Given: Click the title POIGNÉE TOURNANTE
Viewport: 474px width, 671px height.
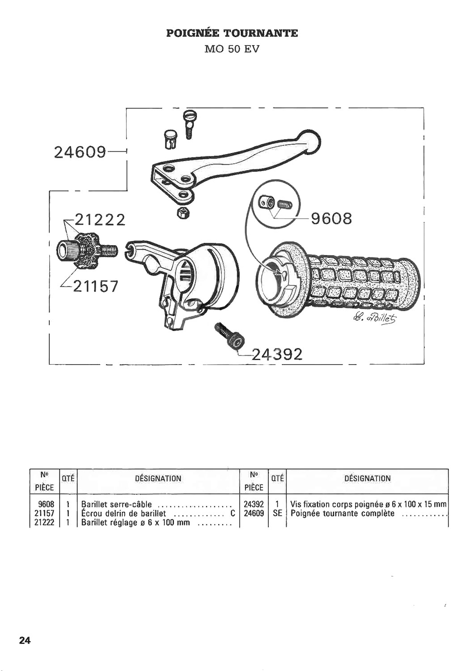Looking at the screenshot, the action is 232,33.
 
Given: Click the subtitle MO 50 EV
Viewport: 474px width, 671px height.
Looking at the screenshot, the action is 232,49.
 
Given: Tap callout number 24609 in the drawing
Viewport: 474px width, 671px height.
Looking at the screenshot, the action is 80,153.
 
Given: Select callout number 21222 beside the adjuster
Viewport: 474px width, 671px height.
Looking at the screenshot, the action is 100,220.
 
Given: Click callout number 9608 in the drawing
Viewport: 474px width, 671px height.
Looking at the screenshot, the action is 331,218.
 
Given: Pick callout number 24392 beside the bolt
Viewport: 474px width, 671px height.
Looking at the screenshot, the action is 277,355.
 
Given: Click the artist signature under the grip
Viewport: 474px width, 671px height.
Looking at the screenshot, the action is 374,320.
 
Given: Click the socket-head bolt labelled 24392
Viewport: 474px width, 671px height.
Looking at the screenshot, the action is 229,336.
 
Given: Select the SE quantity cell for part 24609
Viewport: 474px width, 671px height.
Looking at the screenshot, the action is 278,514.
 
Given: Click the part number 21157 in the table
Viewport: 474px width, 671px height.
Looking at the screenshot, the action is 45,514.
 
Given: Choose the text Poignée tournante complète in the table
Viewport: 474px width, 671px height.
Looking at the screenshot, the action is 343,514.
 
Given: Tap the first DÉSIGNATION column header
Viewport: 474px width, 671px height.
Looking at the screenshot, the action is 158,478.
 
